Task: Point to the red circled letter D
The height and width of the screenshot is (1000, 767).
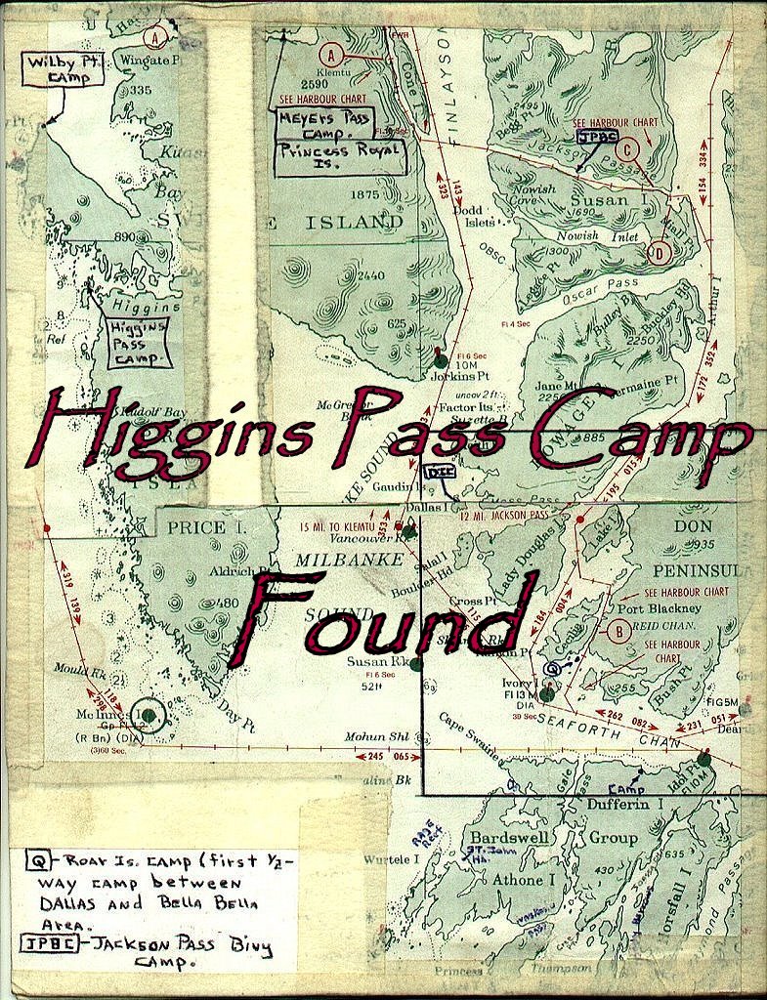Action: [x=660, y=254]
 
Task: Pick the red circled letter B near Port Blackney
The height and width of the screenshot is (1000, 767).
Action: [x=618, y=631]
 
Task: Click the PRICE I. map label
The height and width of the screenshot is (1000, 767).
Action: [x=196, y=528]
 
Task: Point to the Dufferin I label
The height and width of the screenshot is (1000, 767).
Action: [x=625, y=804]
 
